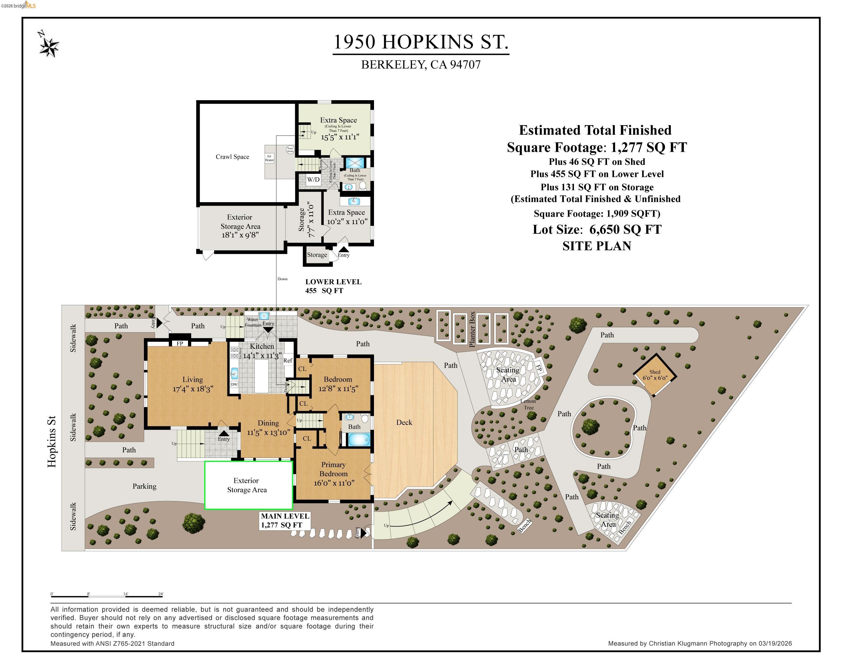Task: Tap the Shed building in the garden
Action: coord(655,375)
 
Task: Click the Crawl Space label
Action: coord(232,157)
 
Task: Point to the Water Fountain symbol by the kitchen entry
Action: coord(264,316)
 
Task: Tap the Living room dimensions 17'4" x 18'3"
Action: coord(193,389)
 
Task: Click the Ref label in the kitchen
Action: coord(288,360)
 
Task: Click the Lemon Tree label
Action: coord(528,404)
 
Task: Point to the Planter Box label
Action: coord(472,329)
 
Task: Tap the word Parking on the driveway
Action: coord(144,486)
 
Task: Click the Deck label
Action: coord(404,422)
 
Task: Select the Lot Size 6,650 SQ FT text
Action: coord(597,229)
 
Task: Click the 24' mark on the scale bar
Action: coord(160,594)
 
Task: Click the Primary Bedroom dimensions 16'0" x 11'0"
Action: coord(334,483)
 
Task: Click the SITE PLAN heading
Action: coord(597,246)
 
